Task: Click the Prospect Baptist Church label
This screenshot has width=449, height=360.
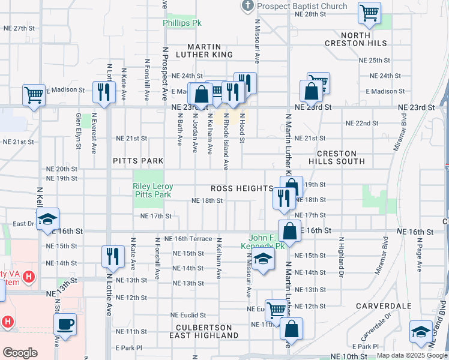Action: tap(302, 6)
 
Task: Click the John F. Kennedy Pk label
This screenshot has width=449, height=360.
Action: tap(266, 242)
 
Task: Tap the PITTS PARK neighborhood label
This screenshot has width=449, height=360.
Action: tap(138, 161)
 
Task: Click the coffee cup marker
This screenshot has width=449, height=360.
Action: tap(65, 325)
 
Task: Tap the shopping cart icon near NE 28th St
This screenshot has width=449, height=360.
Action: tap(370, 13)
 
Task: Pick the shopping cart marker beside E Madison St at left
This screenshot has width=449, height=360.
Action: tap(34, 94)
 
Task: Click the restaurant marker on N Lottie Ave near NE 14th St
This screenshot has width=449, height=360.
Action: tap(112, 257)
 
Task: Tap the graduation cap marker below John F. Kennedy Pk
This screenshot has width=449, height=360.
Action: tap(262, 260)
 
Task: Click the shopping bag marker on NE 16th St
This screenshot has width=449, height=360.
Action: tap(289, 231)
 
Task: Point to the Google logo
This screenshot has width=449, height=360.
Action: tap(20, 353)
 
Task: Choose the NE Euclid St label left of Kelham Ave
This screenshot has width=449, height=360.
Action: tap(188, 315)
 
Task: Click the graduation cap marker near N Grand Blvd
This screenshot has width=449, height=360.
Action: tap(421, 332)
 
